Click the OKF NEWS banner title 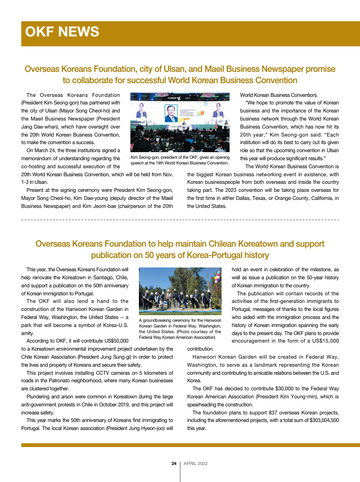point(62,32)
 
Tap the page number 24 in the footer point(174,464)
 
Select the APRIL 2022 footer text point(195,464)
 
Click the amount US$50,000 point(114,341)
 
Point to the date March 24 point(44,150)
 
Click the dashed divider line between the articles point(180,220)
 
